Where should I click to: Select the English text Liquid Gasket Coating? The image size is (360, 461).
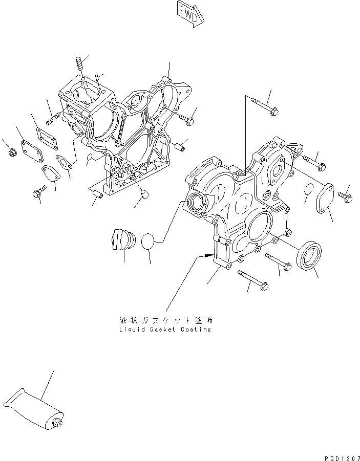pyautogui.click(x=164, y=330)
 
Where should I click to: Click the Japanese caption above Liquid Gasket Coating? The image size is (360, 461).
pyautogui.click(x=165, y=320)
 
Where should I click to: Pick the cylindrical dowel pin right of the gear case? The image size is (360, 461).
pyautogui.click(x=180, y=146)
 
